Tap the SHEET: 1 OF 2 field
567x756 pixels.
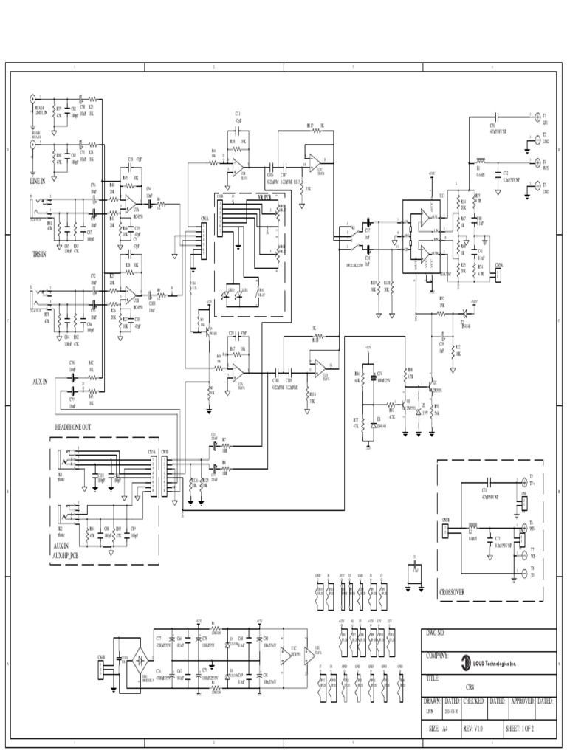click(520, 728)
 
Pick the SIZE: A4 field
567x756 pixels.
click(438, 728)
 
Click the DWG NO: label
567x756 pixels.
click(436, 633)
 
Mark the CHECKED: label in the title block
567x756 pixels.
click(473, 701)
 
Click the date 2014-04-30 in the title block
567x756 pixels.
click(452, 713)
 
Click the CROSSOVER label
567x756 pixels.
click(453, 591)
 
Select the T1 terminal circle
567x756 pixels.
click(530, 116)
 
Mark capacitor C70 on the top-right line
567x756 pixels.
click(496, 117)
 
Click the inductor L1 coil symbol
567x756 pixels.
click(481, 159)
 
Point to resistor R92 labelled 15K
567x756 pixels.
click(442, 313)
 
